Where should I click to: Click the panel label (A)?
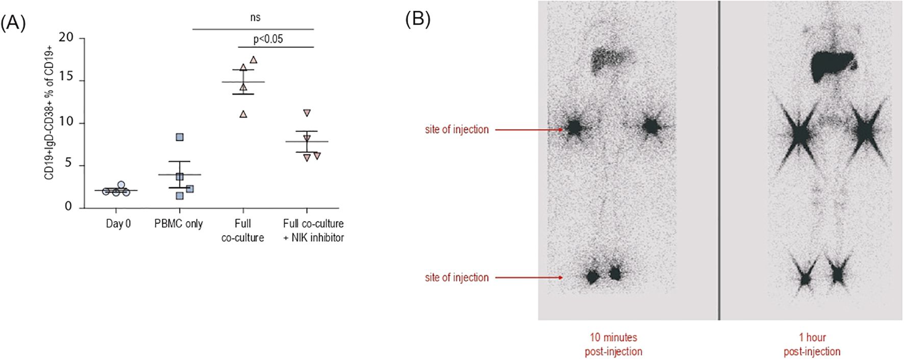tap(13, 23)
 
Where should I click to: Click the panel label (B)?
tap(417, 19)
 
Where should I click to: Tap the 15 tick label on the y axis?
tap(66, 78)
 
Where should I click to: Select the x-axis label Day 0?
tap(118, 224)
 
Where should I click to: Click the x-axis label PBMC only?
tap(179, 224)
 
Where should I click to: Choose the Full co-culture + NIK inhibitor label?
tap(313, 230)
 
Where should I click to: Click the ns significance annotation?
tap(255, 18)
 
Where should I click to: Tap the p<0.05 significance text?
tap(268, 39)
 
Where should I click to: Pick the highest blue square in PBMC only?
tap(180, 137)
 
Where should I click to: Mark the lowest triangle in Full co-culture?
tap(243, 114)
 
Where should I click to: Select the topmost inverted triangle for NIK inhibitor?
tap(307, 113)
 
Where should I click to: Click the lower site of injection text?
tap(457, 278)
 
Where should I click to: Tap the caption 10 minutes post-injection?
tap(613, 344)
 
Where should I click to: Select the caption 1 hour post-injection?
tap(812, 344)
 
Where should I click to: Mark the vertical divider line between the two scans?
tap(719, 161)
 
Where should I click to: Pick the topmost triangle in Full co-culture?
tap(254, 60)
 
